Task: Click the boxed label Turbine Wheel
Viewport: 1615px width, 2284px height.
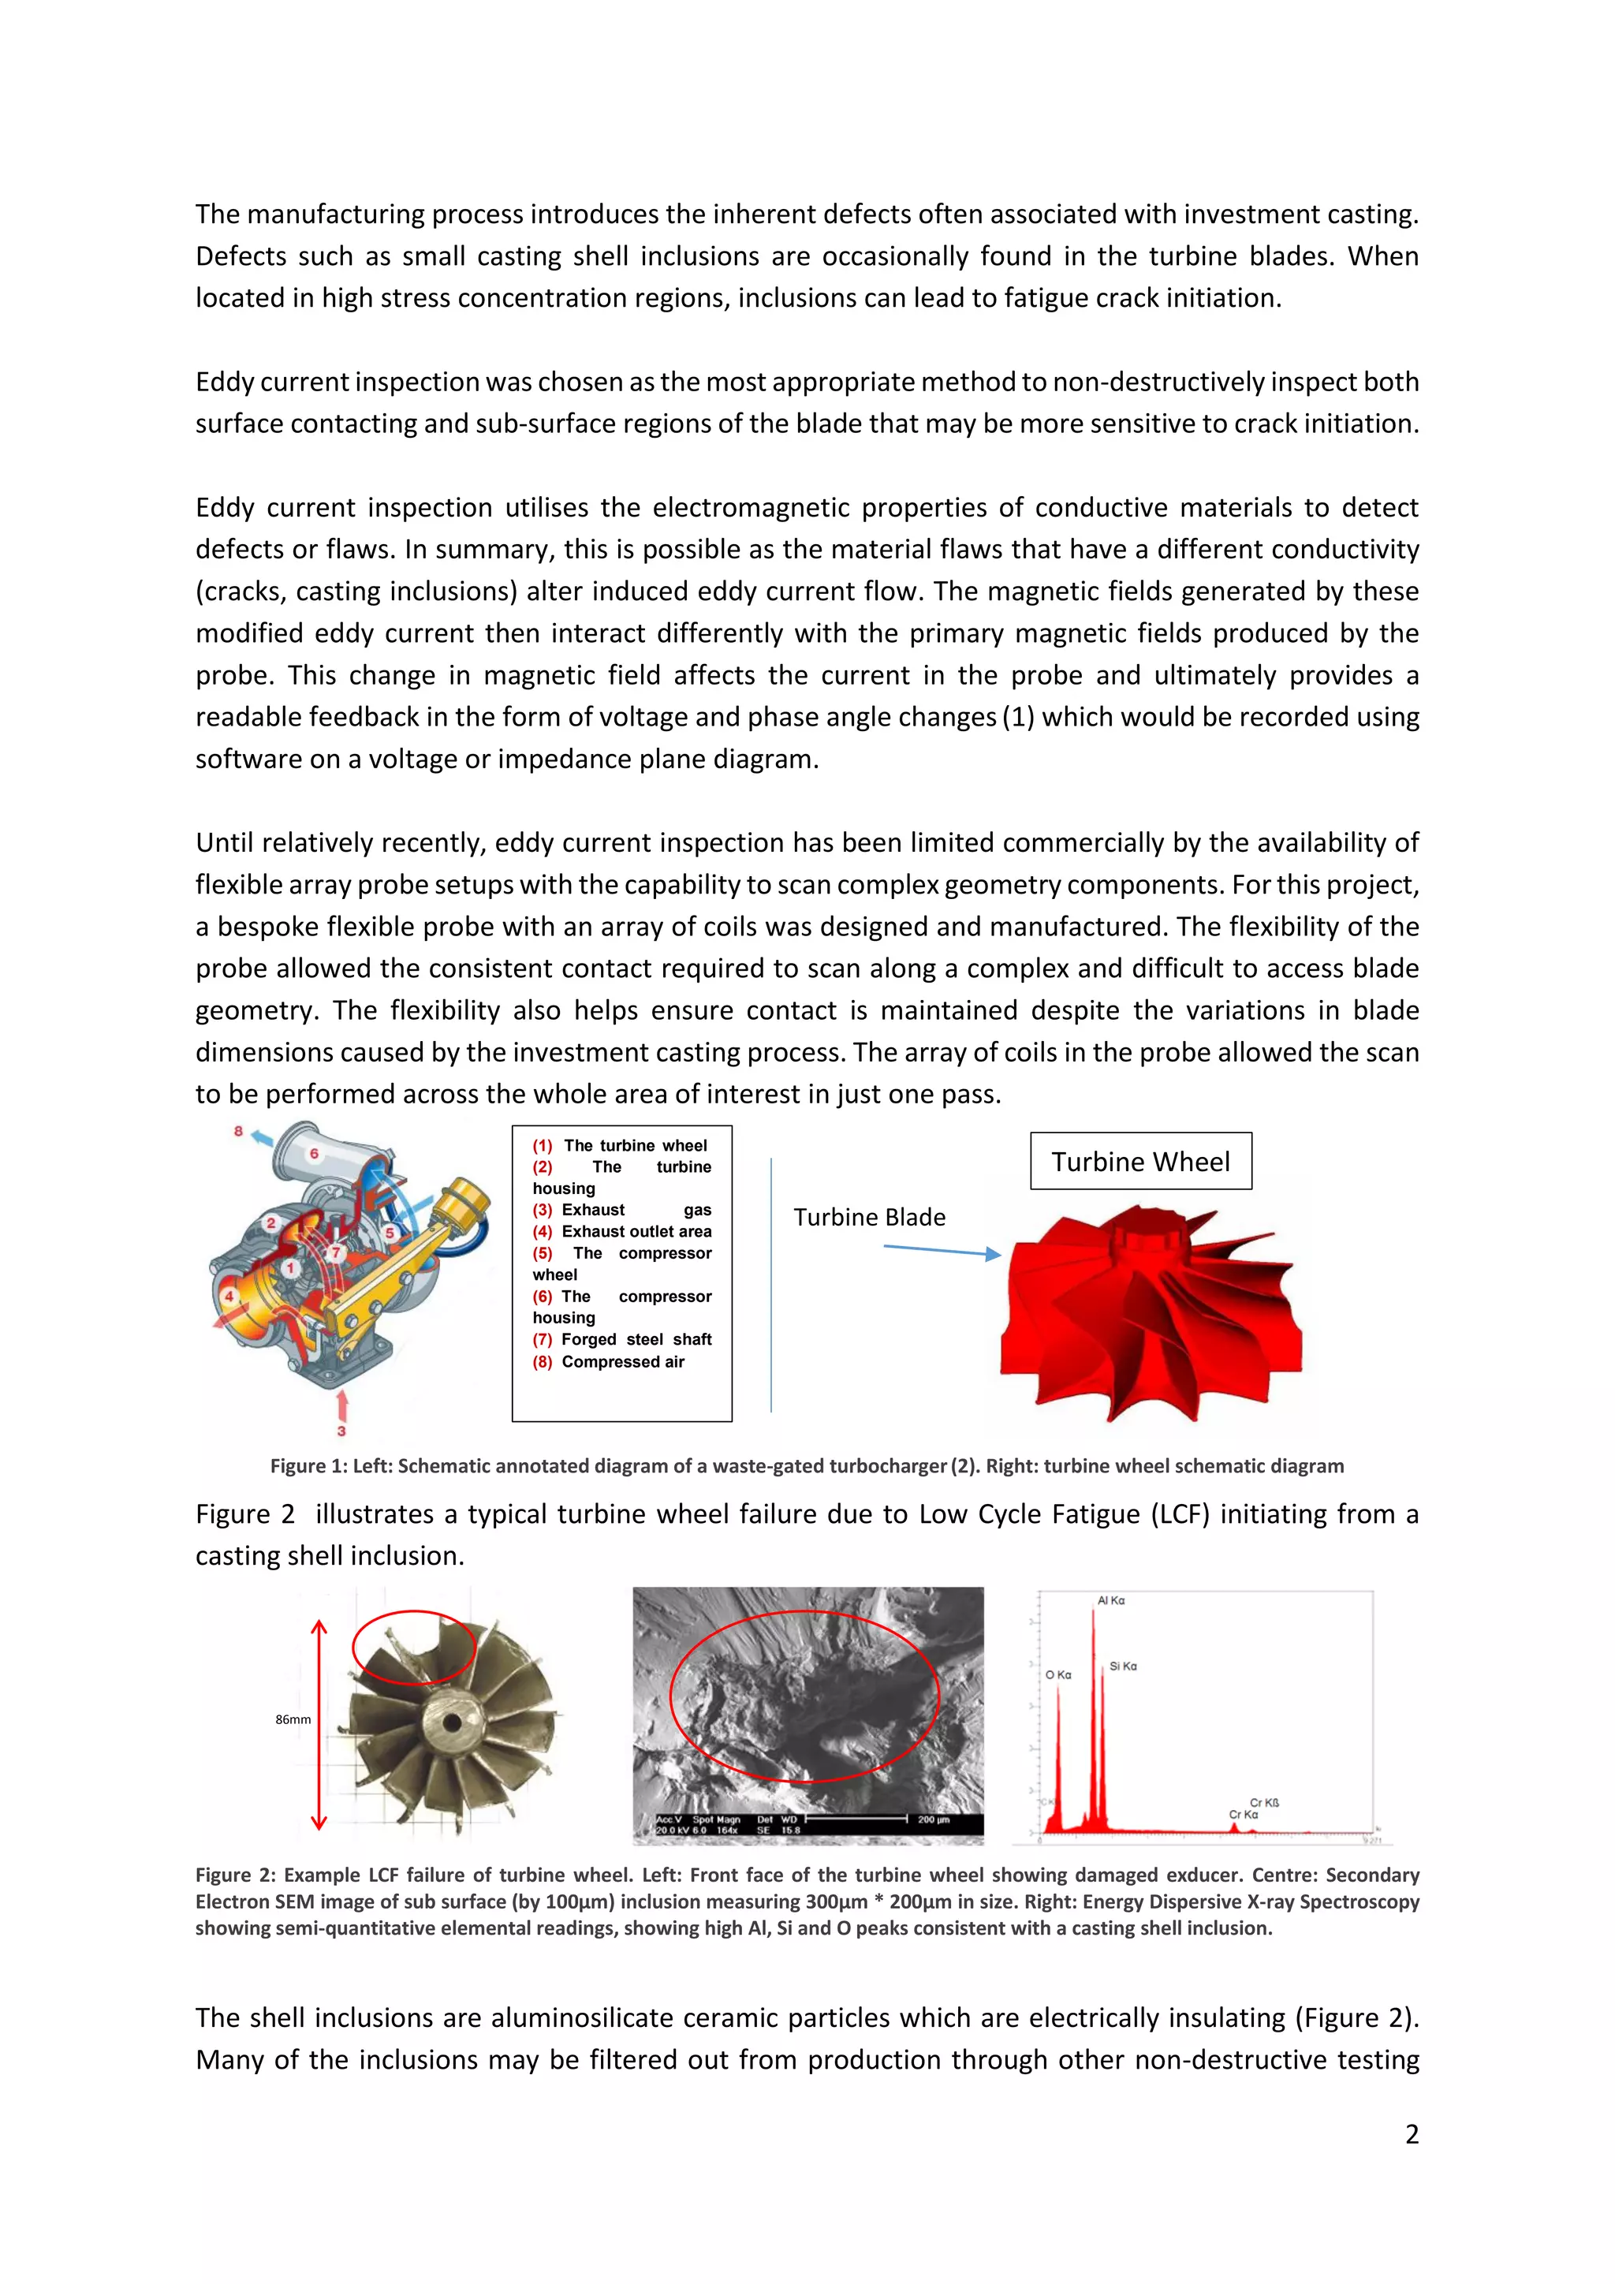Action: coord(1139,1161)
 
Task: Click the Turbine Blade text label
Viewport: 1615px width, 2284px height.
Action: coord(869,1217)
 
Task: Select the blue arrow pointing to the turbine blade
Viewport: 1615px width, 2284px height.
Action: coord(941,1252)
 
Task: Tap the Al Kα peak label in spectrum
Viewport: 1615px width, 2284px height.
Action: coord(1111,1600)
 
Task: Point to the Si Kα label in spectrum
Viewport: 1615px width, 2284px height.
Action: coord(1123,1666)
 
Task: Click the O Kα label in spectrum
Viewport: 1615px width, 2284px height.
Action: coord(1058,1675)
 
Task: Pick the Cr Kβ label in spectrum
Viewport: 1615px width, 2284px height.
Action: coord(1264,1803)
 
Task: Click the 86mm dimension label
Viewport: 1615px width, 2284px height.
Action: coord(293,1719)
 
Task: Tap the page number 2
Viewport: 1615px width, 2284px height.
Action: coord(1411,2134)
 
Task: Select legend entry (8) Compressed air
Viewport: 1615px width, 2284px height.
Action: coord(609,1362)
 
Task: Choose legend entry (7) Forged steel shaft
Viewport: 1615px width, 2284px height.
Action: coord(622,1340)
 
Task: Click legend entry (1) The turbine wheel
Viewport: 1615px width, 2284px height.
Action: coord(620,1146)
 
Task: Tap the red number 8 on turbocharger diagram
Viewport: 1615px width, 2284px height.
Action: coord(239,1131)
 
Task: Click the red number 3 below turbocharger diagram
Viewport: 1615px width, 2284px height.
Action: coord(341,1431)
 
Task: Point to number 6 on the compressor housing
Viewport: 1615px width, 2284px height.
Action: coord(315,1154)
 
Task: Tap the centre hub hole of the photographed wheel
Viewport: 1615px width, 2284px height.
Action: coord(453,1722)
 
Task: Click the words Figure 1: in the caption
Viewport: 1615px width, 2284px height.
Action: coord(309,1466)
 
